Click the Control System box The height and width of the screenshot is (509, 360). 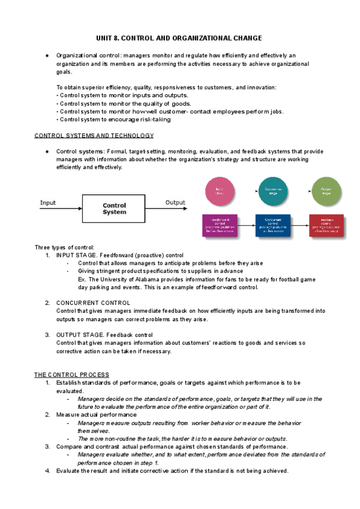115,208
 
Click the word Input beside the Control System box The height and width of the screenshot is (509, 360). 48,203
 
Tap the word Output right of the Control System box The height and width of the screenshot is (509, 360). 175,203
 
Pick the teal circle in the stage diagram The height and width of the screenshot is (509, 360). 273,191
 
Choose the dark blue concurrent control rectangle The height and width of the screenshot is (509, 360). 272,226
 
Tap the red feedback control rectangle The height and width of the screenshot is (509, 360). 326,226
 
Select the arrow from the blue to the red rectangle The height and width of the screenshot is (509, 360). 299,226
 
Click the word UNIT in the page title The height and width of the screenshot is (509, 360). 106,38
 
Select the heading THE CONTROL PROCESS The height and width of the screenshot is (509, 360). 71,375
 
